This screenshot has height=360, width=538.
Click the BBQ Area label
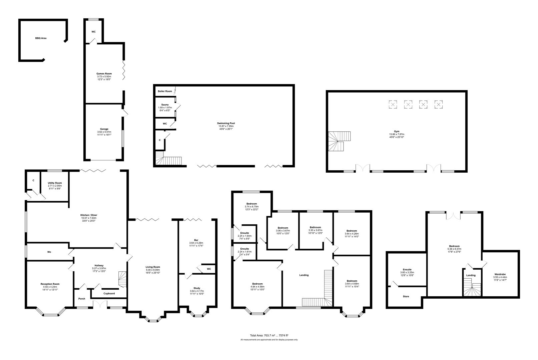click(41, 38)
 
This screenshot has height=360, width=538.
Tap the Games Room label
click(104, 74)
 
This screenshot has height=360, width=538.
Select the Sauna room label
click(165, 105)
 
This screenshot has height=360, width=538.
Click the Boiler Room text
click(165, 91)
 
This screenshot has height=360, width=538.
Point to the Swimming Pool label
click(226, 123)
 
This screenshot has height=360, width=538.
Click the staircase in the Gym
click(339, 141)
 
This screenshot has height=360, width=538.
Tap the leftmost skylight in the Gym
click(393, 105)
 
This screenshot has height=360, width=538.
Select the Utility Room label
click(55, 183)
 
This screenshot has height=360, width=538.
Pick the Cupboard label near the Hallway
click(109, 293)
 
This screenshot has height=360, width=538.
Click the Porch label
click(82, 299)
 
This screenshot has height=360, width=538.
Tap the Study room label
click(197, 288)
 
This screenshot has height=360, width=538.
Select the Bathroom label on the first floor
click(315, 227)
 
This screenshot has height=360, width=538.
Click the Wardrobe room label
click(500, 274)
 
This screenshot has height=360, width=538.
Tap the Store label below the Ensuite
click(406, 296)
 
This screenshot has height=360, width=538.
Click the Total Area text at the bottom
click(269, 335)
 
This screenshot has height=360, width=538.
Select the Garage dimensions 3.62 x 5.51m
click(104, 132)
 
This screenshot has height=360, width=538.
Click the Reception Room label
click(50, 284)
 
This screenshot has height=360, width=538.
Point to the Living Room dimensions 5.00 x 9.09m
click(153, 270)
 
